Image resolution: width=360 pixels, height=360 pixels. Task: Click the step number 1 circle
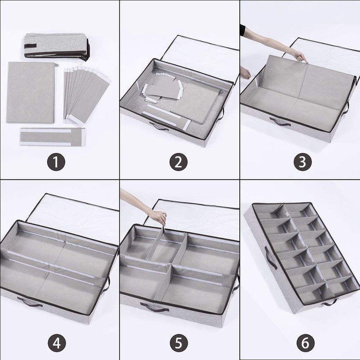(x=56, y=162)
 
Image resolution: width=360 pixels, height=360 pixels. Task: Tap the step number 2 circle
(x=178, y=162)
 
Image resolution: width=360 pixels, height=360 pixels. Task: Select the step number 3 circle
(x=302, y=162)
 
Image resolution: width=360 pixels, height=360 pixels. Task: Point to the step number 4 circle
(x=57, y=343)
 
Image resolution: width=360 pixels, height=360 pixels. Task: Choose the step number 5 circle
(x=179, y=343)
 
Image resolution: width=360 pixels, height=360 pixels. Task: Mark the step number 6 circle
(x=306, y=343)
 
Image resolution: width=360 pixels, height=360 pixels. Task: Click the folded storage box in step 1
(x=56, y=47)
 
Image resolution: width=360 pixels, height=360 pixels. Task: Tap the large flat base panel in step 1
(x=31, y=92)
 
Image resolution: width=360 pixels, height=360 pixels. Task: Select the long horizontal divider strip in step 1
(x=52, y=137)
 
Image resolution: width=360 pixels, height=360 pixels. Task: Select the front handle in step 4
(x=30, y=301)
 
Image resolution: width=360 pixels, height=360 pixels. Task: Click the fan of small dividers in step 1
(x=87, y=94)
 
